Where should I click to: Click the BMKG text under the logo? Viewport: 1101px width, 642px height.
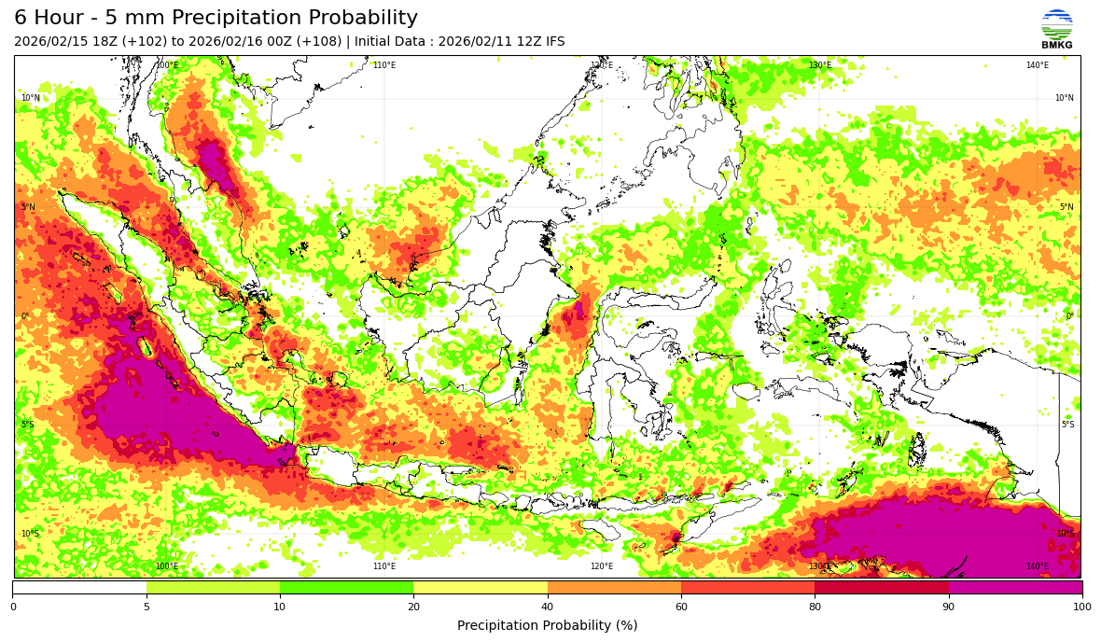1056,45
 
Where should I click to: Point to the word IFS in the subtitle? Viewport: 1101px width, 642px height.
553,42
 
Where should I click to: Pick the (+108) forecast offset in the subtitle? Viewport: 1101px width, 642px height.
318,42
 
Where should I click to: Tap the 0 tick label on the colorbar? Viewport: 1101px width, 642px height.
13,607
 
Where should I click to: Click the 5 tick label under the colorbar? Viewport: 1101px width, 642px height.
146,607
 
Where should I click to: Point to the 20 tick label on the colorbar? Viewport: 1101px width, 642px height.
413,607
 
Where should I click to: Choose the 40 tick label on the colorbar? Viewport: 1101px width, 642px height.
548,607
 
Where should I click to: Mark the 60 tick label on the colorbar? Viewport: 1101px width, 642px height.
681,607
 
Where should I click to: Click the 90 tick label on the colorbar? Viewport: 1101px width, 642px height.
949,607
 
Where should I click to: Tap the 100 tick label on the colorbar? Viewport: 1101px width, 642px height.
1081,607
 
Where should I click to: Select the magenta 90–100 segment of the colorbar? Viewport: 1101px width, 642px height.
1015,588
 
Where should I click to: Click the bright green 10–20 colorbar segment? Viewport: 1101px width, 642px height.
346,588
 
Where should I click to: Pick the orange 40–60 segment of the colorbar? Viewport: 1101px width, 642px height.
614,588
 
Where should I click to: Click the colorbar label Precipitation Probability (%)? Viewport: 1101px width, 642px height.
547,625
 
